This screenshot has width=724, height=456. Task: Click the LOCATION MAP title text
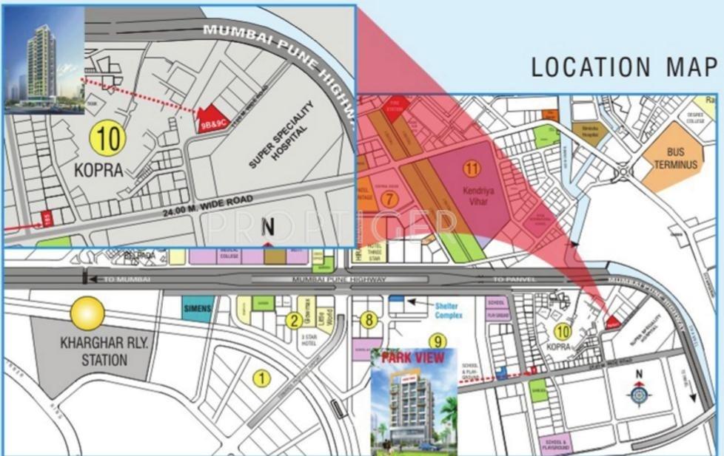tap(624, 67)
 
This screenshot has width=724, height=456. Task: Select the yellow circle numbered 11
tap(472, 168)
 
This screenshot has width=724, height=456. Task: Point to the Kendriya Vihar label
tap(472, 186)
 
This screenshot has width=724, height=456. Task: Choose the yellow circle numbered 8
tap(369, 319)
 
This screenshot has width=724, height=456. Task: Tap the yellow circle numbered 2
tap(294, 319)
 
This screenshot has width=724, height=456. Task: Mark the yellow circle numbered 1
tap(261, 378)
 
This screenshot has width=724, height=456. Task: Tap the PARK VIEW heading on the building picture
tap(413, 358)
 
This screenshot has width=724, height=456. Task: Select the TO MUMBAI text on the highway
tap(127, 279)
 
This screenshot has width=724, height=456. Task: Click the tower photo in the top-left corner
tap(43, 64)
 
